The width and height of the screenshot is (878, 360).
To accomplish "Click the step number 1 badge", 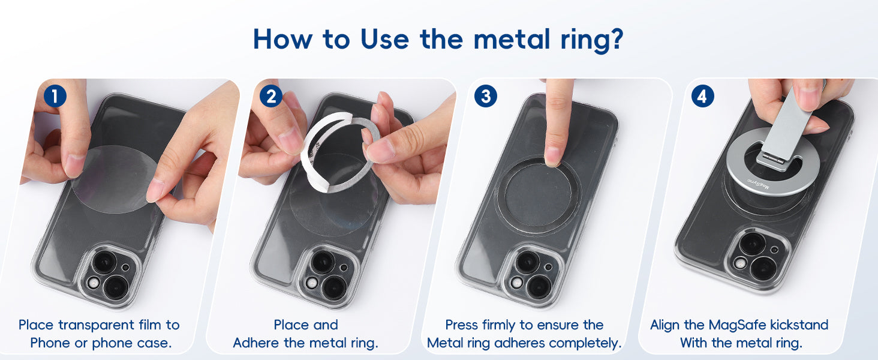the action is tap(55, 97).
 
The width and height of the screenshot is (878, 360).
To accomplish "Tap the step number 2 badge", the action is tap(271, 97).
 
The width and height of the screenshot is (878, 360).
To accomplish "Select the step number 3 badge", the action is tap(486, 97).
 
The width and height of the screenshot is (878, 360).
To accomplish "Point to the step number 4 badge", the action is tap(702, 97).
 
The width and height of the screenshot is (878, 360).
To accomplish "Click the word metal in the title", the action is tap(512, 39).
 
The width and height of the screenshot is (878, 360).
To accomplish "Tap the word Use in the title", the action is tap(384, 39).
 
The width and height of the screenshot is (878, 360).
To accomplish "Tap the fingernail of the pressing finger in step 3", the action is tap(553, 155).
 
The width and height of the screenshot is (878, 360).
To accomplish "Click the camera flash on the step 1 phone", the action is tap(94, 283).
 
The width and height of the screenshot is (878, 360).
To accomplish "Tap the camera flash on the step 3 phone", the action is tap(516, 283).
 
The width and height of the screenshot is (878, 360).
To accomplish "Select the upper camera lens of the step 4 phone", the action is tap(752, 244).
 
